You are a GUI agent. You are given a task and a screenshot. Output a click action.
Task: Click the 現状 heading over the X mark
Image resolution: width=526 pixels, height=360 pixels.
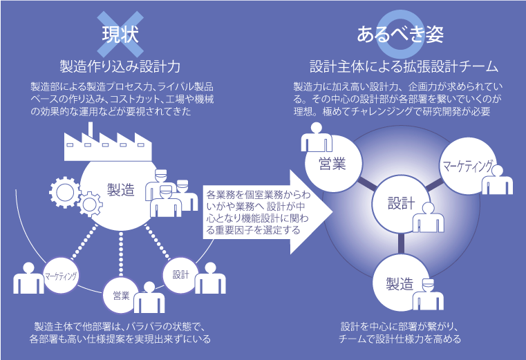tap(120, 35)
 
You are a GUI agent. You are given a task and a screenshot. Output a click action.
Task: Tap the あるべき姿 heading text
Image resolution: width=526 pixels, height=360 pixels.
tap(400, 35)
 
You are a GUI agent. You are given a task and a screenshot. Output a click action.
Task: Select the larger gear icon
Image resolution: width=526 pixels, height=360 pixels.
tap(64, 193)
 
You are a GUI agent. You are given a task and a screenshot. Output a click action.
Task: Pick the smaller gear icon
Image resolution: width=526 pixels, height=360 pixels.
tap(90, 205)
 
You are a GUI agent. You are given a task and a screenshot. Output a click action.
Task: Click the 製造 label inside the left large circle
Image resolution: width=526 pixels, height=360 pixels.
tap(121, 190)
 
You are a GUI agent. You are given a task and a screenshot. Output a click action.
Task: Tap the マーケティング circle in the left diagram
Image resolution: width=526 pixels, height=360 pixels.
tap(61, 276)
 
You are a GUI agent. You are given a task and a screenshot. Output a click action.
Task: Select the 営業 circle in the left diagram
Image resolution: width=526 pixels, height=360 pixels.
tap(121, 295)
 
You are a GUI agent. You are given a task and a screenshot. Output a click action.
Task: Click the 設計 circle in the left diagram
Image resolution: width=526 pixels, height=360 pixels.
tap(180, 275)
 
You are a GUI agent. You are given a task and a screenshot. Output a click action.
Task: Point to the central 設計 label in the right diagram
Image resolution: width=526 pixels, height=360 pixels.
tap(401, 204)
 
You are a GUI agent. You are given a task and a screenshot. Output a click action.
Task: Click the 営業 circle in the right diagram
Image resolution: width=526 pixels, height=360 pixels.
tap(333, 164)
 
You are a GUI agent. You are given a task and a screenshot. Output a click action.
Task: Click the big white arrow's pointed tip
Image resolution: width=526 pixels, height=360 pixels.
tap(332, 212)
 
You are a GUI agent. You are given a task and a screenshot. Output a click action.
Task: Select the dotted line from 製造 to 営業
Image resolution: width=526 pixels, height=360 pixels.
tap(121, 254)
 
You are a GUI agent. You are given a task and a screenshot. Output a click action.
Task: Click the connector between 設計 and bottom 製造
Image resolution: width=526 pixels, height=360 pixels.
tap(401, 244)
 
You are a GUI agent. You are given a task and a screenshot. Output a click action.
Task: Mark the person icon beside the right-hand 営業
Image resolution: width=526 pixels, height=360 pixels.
tap(317, 138)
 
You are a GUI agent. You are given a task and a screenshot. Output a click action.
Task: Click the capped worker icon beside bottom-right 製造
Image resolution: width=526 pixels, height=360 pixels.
tap(428, 294)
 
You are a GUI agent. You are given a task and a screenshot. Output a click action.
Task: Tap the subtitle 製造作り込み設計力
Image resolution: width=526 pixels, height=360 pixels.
tap(120, 66)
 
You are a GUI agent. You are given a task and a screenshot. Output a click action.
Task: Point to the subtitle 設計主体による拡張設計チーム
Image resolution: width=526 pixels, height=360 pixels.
tap(404, 66)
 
